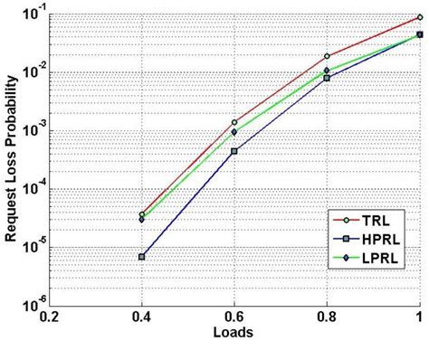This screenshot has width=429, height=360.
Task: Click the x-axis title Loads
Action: coord(234,333)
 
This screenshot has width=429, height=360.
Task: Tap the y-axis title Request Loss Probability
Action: coord(15,158)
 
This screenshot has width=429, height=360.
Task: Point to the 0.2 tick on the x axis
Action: coord(50,317)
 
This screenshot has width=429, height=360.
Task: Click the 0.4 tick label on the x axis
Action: coord(142,317)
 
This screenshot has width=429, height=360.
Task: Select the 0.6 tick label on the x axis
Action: coord(234,317)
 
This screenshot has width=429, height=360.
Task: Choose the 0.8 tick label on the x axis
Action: coord(327,317)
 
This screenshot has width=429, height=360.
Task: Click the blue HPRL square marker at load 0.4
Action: coord(142,257)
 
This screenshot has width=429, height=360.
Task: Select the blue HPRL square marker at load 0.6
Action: coord(234,151)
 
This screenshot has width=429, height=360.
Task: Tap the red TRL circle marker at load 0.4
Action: coord(142,214)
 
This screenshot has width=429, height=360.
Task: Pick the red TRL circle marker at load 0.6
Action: coord(234,122)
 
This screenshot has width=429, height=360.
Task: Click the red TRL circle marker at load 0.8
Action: coord(327,56)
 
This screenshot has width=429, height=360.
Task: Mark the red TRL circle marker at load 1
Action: coord(419,16)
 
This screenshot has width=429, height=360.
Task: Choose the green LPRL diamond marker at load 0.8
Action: coord(327,71)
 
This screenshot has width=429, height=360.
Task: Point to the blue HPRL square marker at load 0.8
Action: coord(327,78)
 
